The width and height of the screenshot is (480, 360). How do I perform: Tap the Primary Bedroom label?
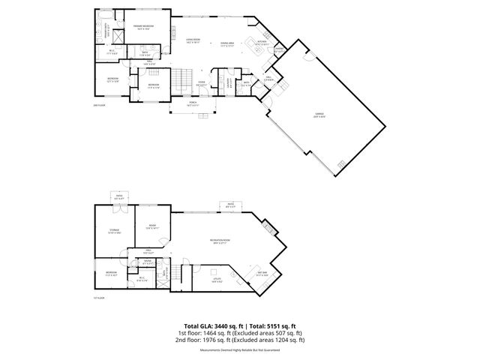coord(143,27)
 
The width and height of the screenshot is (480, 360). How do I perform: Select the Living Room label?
coord(193,40)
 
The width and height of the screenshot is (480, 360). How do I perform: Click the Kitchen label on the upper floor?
coord(262,43)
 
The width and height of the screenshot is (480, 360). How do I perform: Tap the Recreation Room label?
coord(220,241)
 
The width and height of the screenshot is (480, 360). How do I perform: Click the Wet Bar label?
coord(262,275)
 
